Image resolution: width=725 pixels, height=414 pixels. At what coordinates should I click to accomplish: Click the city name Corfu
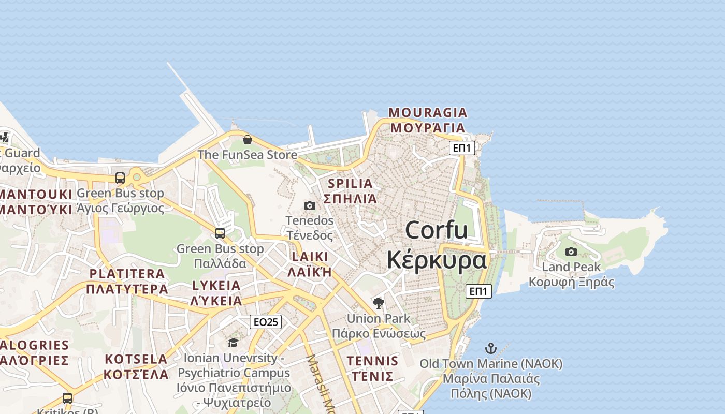click(437, 230)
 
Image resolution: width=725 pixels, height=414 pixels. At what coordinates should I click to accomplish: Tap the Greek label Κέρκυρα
click(437, 260)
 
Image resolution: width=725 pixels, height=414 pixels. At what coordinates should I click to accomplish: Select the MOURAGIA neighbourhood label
click(428, 113)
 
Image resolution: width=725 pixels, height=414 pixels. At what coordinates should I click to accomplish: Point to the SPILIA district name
click(350, 184)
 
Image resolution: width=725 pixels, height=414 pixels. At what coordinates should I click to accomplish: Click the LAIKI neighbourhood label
click(310, 257)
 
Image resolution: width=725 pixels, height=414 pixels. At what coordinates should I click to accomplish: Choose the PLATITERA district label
click(127, 274)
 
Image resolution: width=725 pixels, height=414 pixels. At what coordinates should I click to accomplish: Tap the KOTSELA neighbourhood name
click(136, 359)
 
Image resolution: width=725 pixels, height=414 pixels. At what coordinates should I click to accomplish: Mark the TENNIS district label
click(372, 361)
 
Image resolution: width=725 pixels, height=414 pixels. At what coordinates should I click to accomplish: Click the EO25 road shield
click(266, 322)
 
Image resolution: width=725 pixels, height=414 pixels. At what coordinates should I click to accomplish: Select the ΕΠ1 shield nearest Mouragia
click(462, 148)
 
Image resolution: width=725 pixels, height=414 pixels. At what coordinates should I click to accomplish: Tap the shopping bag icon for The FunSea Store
click(248, 140)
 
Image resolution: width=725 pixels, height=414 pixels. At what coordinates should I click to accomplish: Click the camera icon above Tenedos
click(310, 206)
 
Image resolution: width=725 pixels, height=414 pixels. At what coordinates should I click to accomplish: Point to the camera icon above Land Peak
click(571, 252)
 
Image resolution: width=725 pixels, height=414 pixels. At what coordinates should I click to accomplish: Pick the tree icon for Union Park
click(379, 303)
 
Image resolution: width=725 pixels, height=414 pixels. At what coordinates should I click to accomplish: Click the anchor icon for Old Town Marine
click(490, 348)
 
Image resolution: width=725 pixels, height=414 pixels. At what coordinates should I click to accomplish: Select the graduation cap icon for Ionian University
click(233, 343)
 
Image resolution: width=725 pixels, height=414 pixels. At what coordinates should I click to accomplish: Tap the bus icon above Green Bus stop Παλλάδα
click(220, 233)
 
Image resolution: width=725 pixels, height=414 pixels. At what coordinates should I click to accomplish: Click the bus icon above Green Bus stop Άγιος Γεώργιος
click(120, 178)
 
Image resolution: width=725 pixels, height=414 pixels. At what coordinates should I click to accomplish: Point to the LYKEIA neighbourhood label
click(216, 286)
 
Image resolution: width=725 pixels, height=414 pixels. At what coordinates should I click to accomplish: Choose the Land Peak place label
click(571, 267)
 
